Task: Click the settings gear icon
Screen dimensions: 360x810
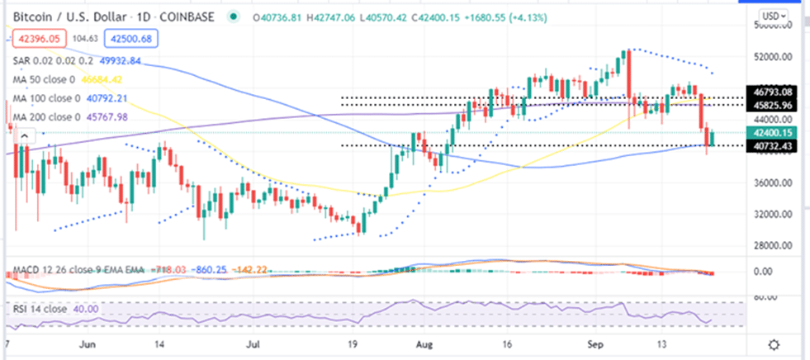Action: pos(774,344)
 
